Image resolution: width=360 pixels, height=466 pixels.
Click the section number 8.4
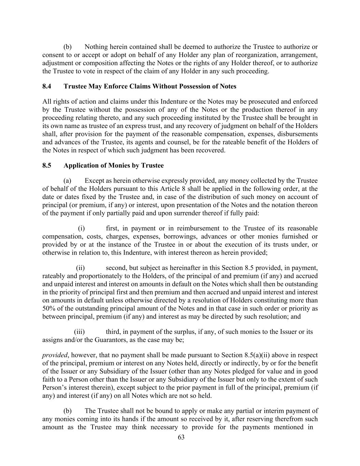[x=47, y=86]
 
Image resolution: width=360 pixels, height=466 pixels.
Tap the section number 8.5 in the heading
[x=47, y=166]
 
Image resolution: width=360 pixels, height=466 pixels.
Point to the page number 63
[x=181, y=438]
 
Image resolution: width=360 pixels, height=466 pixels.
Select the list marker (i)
[x=81, y=228]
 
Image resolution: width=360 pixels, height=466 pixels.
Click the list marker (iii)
[x=79, y=332]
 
